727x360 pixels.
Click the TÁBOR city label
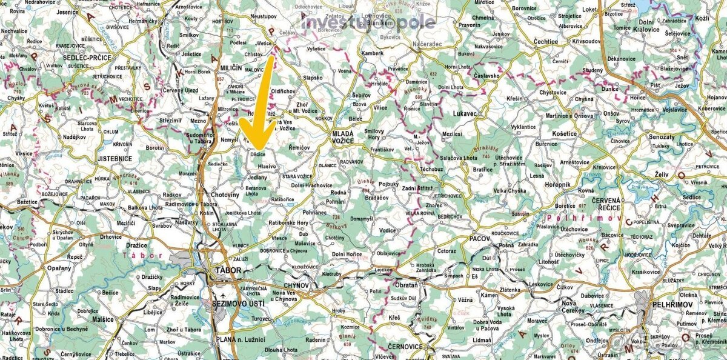pyautogui.click(x=227, y=271)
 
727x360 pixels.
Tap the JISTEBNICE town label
pyautogui.click(x=115, y=159)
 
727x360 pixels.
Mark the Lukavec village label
pyautogui.click(x=466, y=113)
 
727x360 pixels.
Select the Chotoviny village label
pyautogui.click(x=227, y=195)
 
